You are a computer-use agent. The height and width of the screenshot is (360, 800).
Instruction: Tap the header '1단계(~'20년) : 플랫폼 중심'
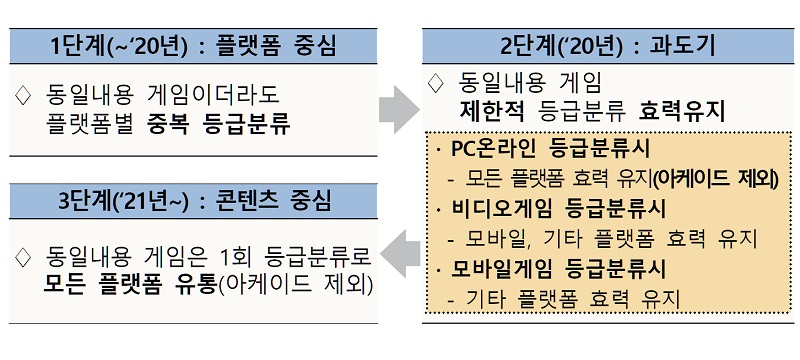(x=194, y=46)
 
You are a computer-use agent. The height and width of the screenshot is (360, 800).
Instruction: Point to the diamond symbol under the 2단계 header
(x=435, y=81)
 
